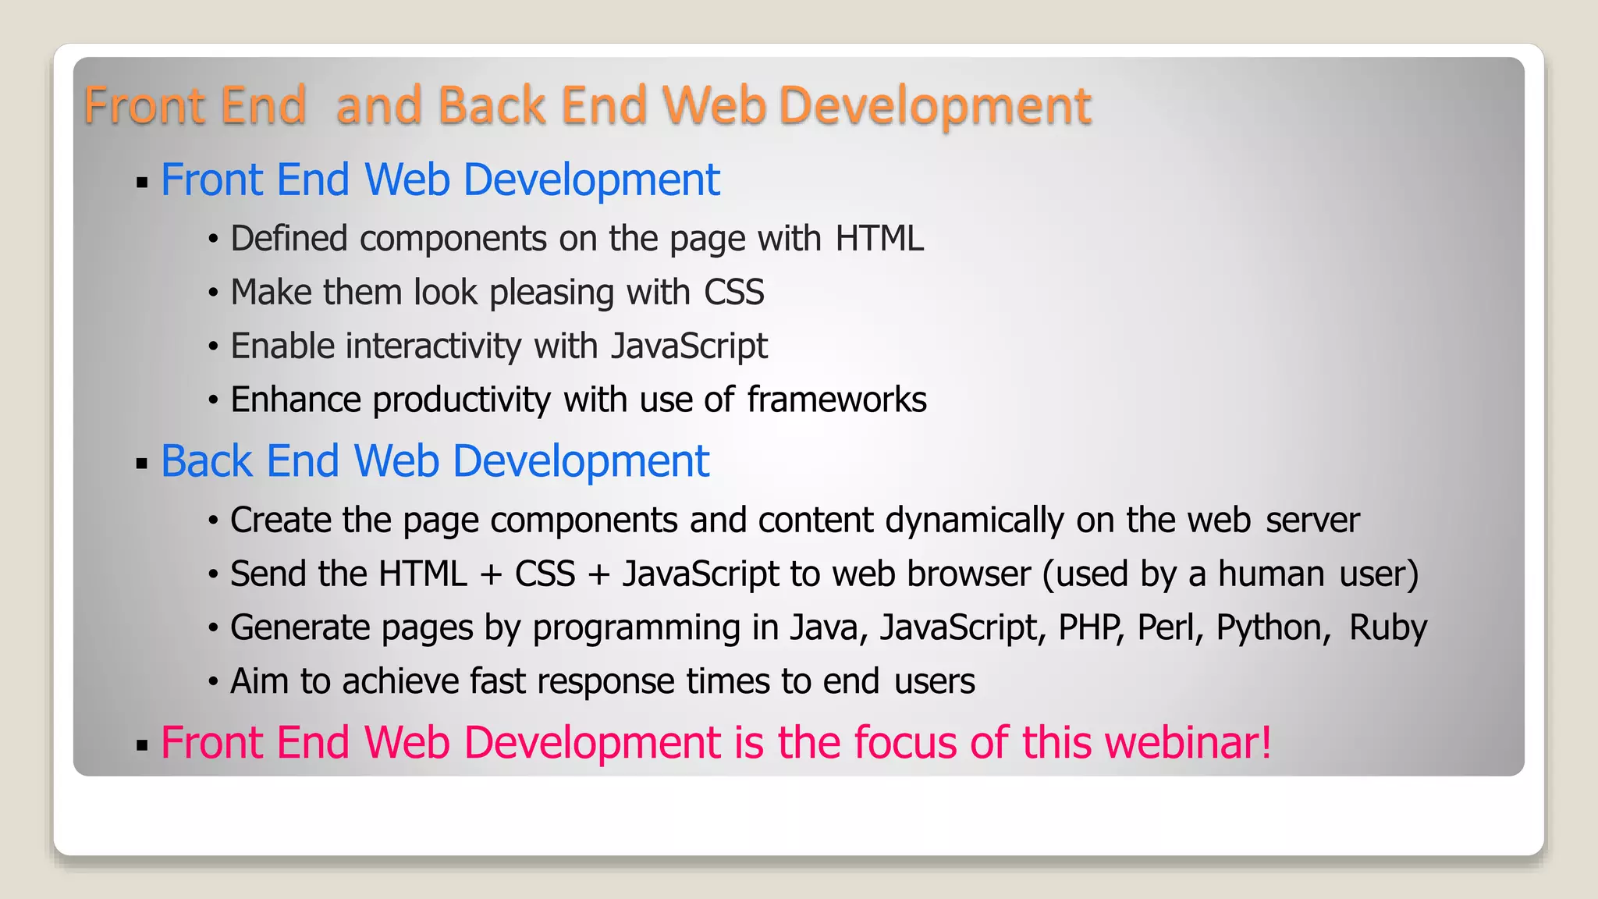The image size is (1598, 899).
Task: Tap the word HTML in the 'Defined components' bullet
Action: click(x=879, y=239)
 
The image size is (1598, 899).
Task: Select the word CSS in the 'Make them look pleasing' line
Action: click(x=733, y=293)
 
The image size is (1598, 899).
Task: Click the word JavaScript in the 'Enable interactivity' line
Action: click(x=689, y=346)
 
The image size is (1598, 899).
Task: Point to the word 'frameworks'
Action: click(x=836, y=400)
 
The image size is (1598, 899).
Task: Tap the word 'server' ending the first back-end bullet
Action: click(x=1312, y=521)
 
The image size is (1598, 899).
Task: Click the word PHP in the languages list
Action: click(x=1091, y=627)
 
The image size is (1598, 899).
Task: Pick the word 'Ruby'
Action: click(x=1388, y=627)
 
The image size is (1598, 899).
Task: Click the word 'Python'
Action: click(x=1273, y=627)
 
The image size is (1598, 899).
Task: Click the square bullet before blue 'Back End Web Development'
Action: click(x=141, y=464)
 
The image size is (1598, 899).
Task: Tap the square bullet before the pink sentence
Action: click(x=141, y=745)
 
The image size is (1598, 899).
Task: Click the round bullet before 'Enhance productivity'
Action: click(x=213, y=400)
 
